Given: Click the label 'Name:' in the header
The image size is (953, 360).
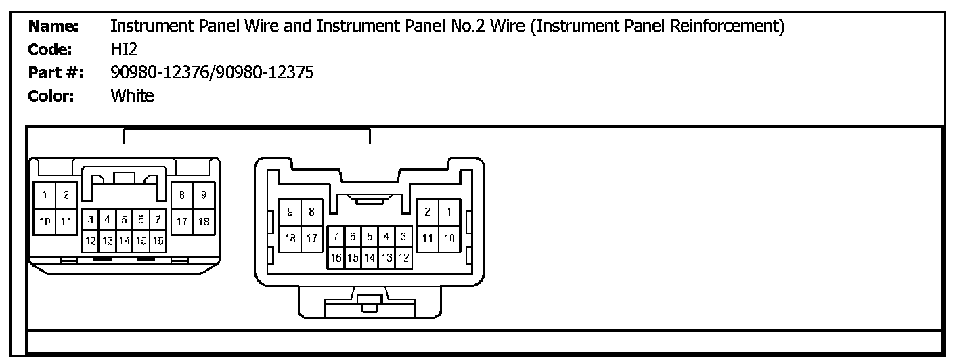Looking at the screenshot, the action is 53,27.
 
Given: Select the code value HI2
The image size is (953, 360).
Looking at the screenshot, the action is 124,50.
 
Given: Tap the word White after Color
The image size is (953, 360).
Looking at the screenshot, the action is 132,96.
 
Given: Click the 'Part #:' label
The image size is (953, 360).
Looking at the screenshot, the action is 56,73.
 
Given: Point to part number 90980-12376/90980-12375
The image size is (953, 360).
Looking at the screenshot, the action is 212,73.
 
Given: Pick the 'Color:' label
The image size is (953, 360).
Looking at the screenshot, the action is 51,96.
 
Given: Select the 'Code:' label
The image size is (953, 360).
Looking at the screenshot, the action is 51,50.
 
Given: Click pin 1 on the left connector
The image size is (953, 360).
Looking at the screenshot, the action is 45,196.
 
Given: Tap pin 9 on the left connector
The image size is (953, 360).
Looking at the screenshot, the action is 203,196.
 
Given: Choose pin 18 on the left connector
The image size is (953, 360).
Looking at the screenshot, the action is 203,221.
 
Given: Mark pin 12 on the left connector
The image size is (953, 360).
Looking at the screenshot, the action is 90,240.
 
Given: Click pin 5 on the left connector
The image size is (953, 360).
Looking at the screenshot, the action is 125,219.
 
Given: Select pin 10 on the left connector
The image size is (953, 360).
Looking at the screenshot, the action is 45,221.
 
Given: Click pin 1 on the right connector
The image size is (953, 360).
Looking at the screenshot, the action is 449,212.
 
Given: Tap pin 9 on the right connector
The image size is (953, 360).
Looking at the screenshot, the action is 290,212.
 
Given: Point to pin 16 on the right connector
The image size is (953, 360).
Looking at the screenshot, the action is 336,258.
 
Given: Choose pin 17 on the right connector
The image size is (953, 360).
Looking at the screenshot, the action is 311,238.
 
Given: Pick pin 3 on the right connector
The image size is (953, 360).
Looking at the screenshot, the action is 403,237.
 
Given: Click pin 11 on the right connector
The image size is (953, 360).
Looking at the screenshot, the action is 428,238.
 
